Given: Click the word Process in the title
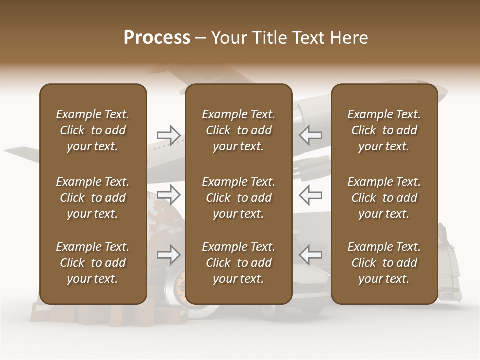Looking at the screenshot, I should [x=157, y=38].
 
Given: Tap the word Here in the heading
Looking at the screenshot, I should [x=348, y=38].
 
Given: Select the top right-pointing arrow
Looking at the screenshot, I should [x=169, y=135].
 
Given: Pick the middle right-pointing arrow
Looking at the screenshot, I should [x=169, y=195].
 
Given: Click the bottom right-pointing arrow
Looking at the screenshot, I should [x=169, y=254].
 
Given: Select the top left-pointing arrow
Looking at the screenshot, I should [x=311, y=135].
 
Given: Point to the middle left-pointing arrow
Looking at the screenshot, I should [x=311, y=195].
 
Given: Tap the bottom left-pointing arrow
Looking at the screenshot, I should [x=311, y=254].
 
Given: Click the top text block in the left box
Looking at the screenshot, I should [x=93, y=130].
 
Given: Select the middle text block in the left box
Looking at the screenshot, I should [x=93, y=198].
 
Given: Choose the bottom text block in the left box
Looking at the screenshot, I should [x=93, y=263].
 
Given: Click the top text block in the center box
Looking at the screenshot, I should [x=238, y=130].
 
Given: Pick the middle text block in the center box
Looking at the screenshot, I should [x=238, y=198].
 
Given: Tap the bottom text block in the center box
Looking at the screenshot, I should [x=238, y=263].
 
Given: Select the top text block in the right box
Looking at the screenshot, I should [x=384, y=130].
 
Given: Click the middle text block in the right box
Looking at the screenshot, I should [x=384, y=198].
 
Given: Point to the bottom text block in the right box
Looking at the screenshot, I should [x=384, y=263].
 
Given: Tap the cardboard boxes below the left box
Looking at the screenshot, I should [x=85, y=314].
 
